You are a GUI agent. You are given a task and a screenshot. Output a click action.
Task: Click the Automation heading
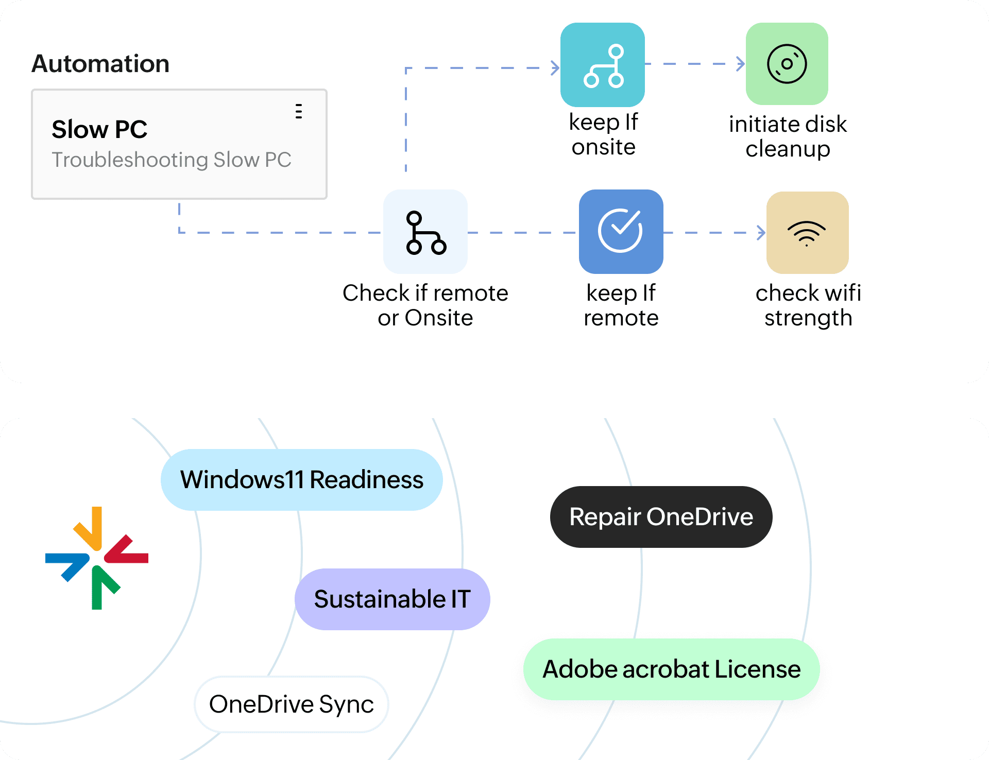100,64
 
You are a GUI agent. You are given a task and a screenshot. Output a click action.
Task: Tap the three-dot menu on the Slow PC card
299,111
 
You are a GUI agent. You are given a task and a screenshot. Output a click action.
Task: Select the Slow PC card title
99,129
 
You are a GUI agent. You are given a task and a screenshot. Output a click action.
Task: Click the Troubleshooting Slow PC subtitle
172,160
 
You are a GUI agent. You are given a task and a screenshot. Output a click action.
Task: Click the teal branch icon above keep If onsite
603,65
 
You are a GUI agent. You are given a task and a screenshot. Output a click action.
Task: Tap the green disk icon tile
787,64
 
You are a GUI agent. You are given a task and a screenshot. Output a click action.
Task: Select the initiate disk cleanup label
788,136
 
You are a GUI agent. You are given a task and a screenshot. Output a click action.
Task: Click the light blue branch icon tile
425,232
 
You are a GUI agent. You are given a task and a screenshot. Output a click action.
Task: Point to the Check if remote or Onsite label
425,305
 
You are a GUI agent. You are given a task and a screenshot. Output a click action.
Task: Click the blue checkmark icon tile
621,232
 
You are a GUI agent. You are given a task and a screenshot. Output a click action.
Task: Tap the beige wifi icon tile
807,233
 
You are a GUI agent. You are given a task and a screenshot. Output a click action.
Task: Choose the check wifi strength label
808,305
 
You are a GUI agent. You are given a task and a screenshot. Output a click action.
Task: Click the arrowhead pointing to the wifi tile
761,233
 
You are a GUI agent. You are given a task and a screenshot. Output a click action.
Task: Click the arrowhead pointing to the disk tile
741,64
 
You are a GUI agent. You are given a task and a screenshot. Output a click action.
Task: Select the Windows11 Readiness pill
302,480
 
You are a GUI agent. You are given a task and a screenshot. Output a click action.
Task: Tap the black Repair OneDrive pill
661,517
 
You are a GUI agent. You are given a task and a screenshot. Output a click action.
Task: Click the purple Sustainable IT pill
392,599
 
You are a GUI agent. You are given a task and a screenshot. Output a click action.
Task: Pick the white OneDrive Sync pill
292,704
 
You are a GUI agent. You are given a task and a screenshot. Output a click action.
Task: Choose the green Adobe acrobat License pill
672,669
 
